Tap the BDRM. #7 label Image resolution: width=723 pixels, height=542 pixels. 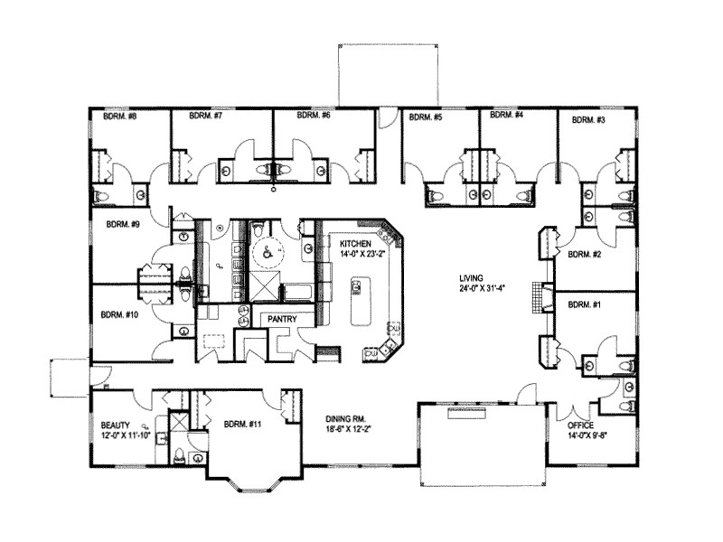pyautogui.click(x=206, y=117)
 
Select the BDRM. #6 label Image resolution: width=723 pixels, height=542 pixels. pyautogui.click(x=313, y=117)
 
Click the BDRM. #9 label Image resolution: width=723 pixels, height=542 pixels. pyautogui.click(x=122, y=223)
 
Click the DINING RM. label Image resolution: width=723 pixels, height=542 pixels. pyautogui.click(x=347, y=419)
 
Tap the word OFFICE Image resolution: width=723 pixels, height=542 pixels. pyautogui.click(x=580, y=425)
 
